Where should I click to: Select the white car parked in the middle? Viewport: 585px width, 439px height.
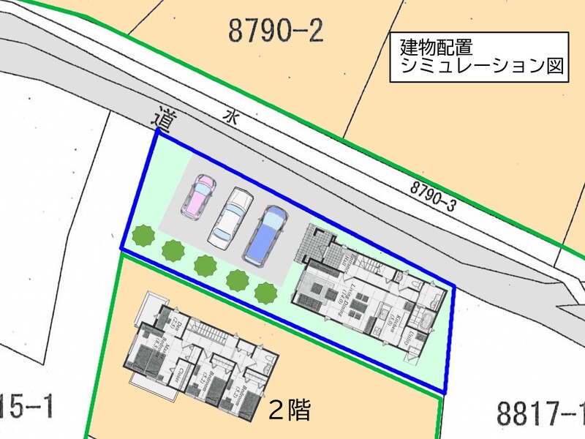pyautogui.click(x=229, y=216)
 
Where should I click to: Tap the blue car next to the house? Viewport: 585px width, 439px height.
pyautogui.click(x=265, y=234)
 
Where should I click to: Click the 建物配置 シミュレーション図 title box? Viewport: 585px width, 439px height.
pyautogui.click(x=478, y=57)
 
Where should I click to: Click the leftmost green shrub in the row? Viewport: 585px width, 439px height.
pyautogui.click(x=143, y=236)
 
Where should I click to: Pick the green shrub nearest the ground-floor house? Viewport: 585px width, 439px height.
pyautogui.click(x=265, y=293)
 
